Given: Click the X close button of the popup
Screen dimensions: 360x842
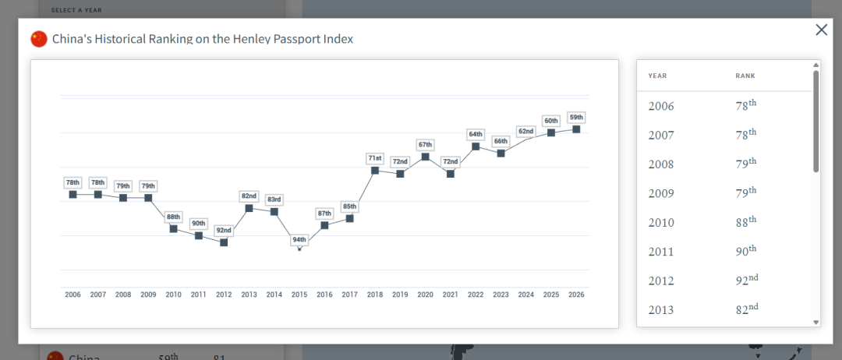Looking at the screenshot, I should point(821,30).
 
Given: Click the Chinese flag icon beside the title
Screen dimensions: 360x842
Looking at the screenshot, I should point(39,39).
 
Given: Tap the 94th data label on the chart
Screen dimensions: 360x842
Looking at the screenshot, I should point(299,240).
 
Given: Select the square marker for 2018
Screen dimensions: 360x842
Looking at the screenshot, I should point(375,170).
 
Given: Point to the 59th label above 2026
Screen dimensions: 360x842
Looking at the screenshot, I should point(576,117).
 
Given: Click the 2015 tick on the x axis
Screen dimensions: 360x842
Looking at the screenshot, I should point(299,295).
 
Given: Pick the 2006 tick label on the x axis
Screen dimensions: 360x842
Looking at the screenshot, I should point(73,295).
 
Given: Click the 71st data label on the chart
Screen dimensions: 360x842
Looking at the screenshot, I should point(375,158).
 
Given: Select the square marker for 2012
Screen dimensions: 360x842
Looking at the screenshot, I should point(224,242).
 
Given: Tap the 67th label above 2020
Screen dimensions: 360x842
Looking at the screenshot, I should point(425,145).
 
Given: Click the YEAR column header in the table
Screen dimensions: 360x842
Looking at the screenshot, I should point(657,76).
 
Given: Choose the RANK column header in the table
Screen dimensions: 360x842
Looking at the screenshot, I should point(745,76).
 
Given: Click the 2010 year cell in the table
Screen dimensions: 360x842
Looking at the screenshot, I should point(661,223).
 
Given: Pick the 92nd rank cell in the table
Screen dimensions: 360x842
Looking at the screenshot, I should point(747,281).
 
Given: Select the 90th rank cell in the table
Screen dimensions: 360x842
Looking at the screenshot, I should point(746,251).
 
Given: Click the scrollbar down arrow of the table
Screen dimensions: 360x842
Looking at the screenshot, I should point(816,322).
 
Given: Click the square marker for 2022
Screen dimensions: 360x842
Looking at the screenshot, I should point(476,146).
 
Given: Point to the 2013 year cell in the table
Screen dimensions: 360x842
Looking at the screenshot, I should point(661,310).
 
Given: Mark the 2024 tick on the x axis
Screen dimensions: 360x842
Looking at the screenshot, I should point(525,295).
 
